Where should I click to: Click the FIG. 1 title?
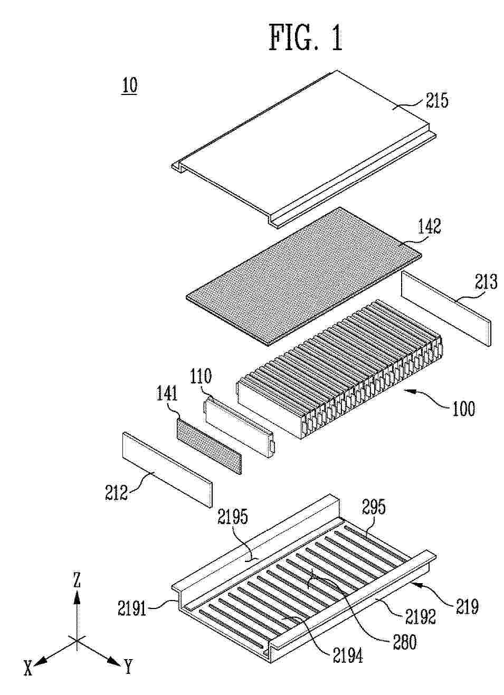[306, 38]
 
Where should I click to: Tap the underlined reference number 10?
[130, 85]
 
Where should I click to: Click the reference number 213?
[485, 283]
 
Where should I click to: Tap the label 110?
[201, 376]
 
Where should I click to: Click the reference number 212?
[117, 492]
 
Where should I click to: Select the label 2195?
[233, 517]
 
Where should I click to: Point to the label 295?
[374, 507]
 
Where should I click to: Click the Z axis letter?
[77, 580]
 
